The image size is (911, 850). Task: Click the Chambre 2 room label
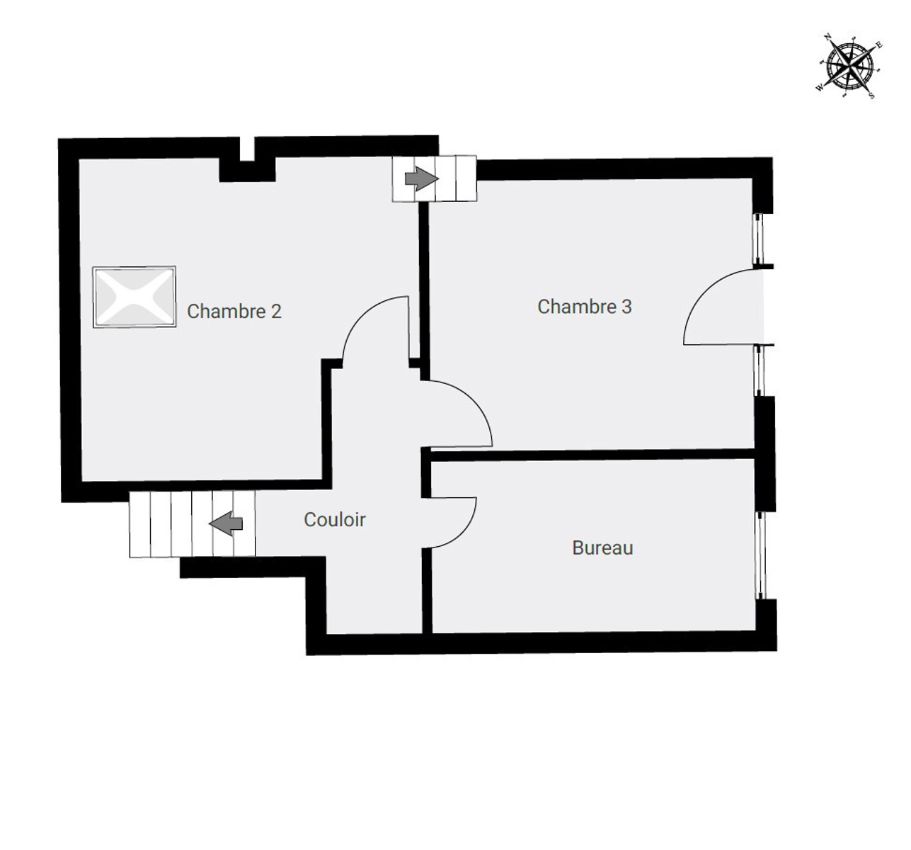(x=234, y=312)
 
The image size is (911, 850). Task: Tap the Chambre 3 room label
(x=585, y=307)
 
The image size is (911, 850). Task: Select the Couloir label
(x=334, y=520)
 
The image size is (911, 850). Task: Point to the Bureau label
(x=603, y=548)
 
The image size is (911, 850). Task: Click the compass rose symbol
(x=850, y=67)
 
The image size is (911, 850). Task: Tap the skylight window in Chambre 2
(x=134, y=297)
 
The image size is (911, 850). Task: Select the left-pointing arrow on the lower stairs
(x=226, y=523)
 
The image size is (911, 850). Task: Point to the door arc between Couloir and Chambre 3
(x=474, y=402)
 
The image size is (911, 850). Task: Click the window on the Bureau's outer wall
(x=760, y=555)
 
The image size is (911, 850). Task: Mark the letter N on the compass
(x=828, y=37)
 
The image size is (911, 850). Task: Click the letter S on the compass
(x=871, y=96)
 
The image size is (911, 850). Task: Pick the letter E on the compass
(x=879, y=45)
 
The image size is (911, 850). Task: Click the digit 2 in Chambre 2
(x=276, y=312)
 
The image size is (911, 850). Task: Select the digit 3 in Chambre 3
(x=626, y=307)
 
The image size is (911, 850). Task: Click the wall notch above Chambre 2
(x=247, y=149)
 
